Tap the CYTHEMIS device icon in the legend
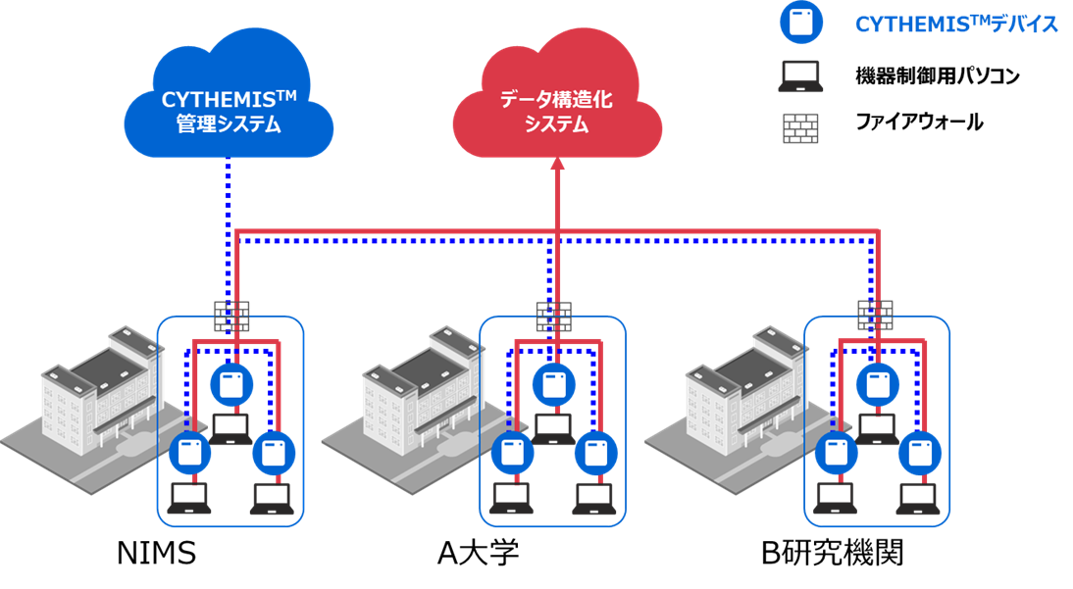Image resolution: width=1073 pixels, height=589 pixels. click(x=801, y=23)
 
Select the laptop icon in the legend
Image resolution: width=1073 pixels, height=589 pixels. click(x=801, y=76)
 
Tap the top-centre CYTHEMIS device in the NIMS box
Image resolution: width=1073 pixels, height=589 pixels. click(x=230, y=383)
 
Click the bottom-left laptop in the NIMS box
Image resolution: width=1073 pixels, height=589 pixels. click(x=188, y=499)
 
